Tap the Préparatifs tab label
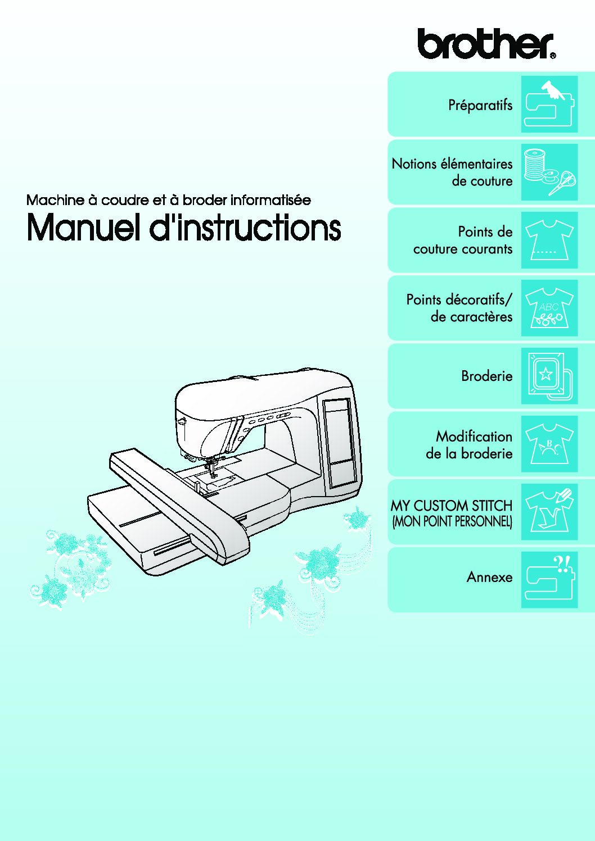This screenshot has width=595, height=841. coord(480,104)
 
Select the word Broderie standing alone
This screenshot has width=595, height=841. coord(487,376)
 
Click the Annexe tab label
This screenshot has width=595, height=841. coord(489,577)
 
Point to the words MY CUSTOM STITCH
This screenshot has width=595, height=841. coord(452,506)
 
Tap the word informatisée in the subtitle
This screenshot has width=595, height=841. coord(271,200)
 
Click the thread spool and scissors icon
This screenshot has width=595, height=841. coord(549,172)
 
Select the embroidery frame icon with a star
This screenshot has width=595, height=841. coord(549,376)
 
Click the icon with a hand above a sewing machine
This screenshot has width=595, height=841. coord(549,104)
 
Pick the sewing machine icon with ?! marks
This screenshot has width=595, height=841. coord(549,580)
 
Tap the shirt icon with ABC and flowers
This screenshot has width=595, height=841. coord(549,308)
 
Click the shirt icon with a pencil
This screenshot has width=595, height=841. coord(549,512)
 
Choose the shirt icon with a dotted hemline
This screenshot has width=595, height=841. coord(549,240)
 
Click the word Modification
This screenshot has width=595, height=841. coord(474,437)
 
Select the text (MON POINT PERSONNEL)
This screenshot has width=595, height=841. coord(452,522)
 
